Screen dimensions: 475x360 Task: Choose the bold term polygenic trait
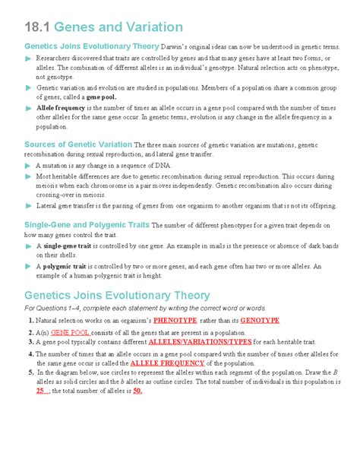click(68, 267)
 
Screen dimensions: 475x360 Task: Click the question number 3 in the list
click(29, 343)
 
